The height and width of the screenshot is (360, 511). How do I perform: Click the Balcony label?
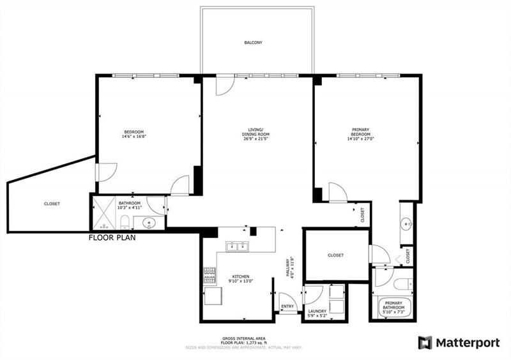[254, 43]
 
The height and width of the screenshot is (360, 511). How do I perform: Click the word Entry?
[287, 307]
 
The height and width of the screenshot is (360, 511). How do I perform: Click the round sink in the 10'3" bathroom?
[149, 223]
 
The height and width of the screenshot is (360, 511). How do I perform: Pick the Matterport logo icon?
[425, 343]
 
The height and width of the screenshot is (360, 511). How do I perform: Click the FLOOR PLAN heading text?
[112, 237]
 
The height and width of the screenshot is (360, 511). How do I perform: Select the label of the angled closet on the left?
[52, 204]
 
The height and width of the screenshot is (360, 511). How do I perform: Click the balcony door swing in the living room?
[224, 86]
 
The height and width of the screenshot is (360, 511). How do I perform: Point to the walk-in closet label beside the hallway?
[335, 255]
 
